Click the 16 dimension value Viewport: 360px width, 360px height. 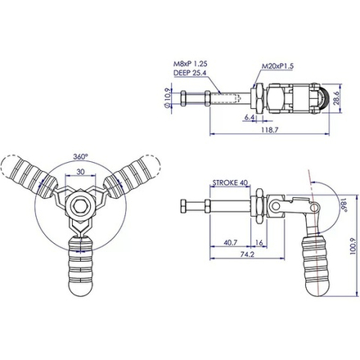click(x=259, y=243)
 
